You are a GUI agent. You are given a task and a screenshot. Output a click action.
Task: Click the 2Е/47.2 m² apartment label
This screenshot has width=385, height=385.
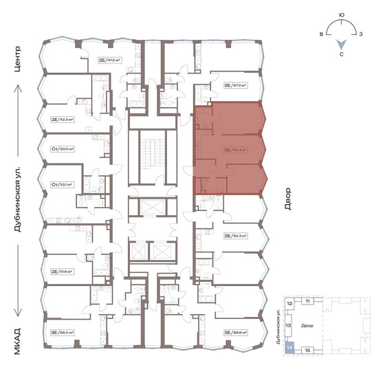coord(109,60)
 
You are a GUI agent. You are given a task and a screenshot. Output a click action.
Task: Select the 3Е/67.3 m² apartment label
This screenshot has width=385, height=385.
coord(234,86)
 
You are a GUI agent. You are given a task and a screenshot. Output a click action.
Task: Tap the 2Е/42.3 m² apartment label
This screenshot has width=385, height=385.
coord(62,119)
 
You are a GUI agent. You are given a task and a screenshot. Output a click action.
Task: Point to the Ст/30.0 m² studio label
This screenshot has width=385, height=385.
coord(62,148)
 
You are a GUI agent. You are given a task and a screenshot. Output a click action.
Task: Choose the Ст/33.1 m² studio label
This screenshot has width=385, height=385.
coord(62,184)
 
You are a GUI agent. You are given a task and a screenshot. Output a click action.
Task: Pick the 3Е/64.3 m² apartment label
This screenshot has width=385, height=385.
coord(234,236)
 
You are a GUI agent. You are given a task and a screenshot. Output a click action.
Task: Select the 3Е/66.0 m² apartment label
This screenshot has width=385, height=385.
coord(62,332)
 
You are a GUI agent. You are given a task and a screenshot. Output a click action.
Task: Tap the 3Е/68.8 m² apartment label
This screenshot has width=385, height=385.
coord(234,332)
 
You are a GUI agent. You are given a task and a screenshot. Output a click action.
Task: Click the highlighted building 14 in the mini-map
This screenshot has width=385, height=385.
coord(290,348)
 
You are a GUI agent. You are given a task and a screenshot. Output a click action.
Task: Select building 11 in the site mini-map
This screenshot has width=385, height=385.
coord(309,301)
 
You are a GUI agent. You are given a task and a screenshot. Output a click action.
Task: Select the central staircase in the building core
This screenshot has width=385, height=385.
coord(152,157)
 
